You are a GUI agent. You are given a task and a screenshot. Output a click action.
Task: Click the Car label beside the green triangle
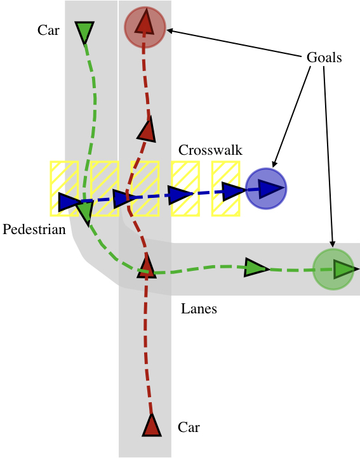48,30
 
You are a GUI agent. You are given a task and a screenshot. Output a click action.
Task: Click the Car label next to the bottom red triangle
189,428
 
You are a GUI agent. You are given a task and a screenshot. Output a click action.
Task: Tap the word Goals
324,58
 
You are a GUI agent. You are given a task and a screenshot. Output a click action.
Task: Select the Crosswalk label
210,150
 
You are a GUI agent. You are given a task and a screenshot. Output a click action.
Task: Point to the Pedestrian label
34,230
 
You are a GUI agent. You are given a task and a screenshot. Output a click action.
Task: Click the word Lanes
199,309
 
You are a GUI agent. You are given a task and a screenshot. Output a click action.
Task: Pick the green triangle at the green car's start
84,31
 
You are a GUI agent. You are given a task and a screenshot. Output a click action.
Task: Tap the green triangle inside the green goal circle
343,269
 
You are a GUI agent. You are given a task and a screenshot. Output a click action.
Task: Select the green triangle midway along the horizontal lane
256,268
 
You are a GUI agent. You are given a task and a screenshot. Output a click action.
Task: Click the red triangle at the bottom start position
151,426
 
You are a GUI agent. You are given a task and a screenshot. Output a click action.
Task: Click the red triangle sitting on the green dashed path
147,266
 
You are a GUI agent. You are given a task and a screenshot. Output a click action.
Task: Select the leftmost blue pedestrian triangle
67,202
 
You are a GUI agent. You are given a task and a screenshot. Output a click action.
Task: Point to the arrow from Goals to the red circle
235,44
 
